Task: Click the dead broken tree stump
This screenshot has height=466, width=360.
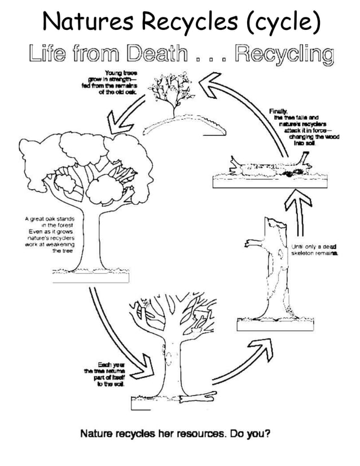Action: point(271,265)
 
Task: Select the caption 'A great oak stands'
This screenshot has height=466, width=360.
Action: point(54,234)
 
